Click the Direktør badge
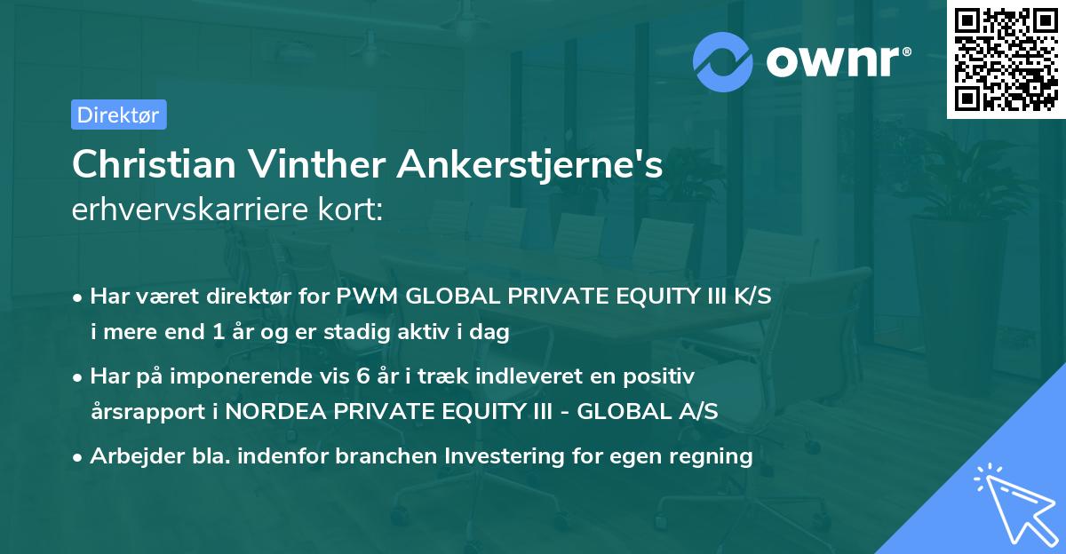[118, 115]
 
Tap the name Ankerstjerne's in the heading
[530, 164]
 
